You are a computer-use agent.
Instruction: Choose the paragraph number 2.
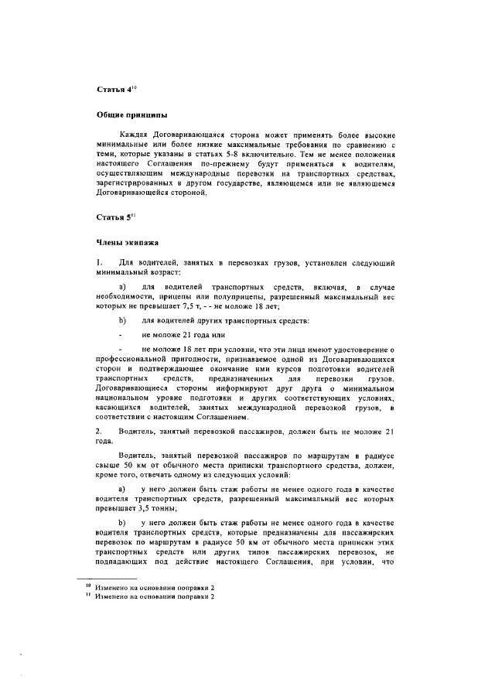pos(98,429)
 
